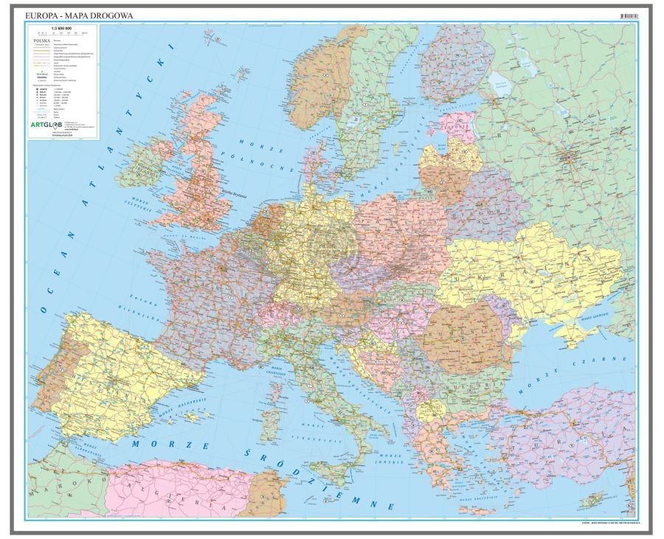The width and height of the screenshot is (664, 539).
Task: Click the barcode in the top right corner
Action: [629, 15]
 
